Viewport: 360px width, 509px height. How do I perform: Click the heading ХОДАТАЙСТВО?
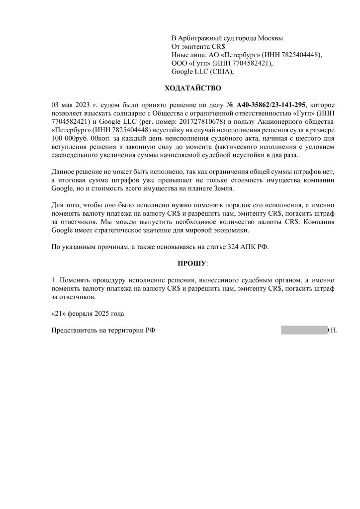pos(193,88)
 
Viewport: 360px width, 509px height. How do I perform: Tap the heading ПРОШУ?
pos(192,262)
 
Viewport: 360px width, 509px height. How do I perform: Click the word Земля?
pos(222,189)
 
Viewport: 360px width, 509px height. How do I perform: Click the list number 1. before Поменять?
pos(55,281)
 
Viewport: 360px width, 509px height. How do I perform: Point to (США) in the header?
pos(221,72)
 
